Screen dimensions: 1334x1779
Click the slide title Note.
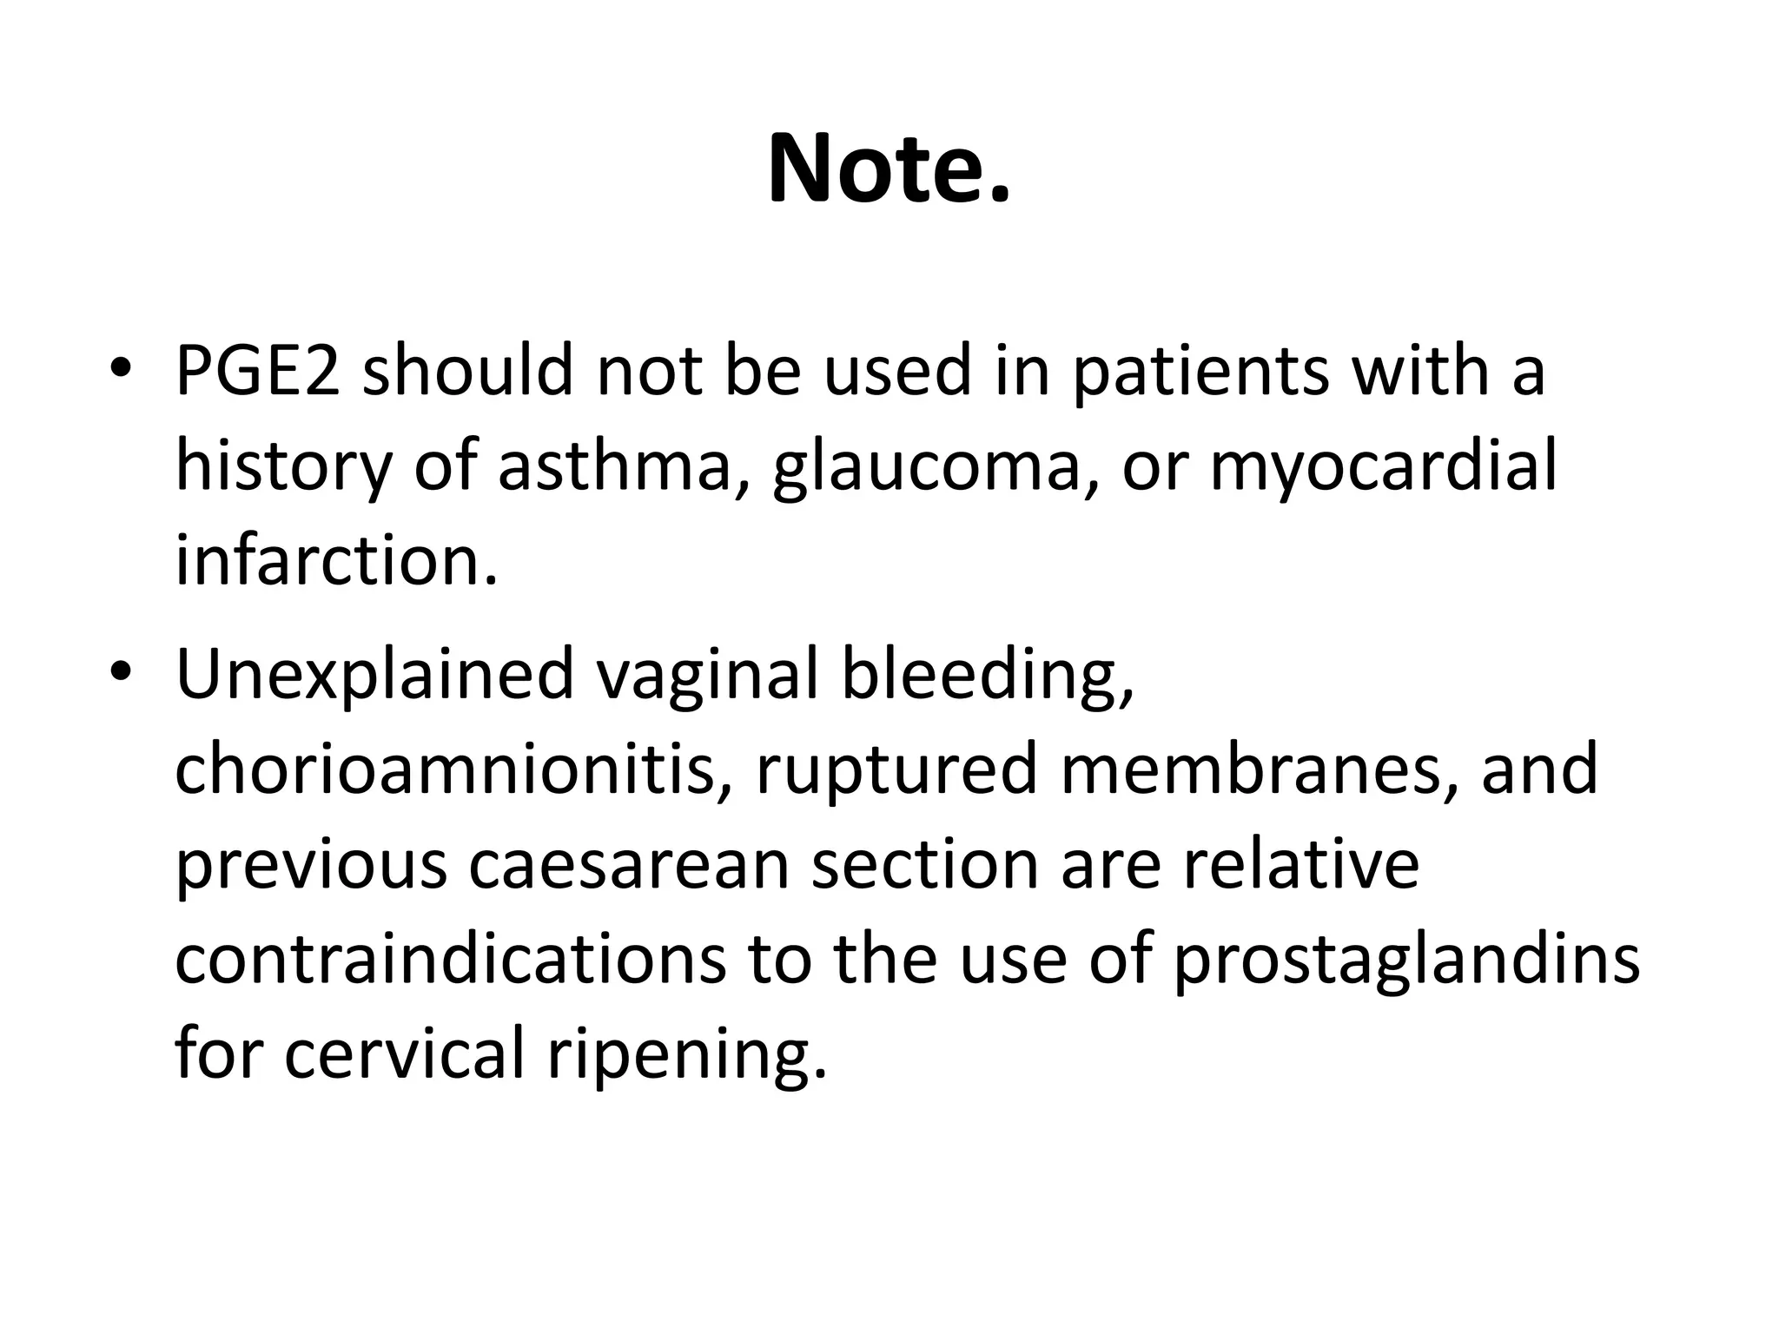(x=889, y=169)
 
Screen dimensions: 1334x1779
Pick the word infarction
(x=337, y=560)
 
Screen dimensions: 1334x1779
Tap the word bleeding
(x=987, y=677)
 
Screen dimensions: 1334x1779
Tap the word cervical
(x=405, y=1053)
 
